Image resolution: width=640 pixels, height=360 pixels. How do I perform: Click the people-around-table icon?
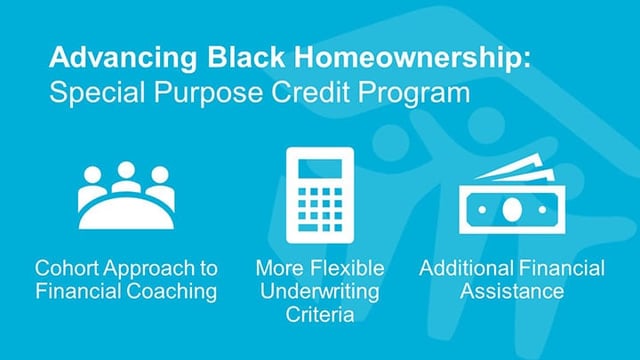click(126, 195)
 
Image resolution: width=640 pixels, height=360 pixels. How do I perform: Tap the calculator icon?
click(319, 195)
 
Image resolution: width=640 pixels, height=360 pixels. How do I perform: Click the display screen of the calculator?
click(319, 165)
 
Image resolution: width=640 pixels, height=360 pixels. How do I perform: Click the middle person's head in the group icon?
click(126, 171)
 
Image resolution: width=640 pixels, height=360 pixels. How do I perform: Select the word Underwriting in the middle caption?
click(319, 291)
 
